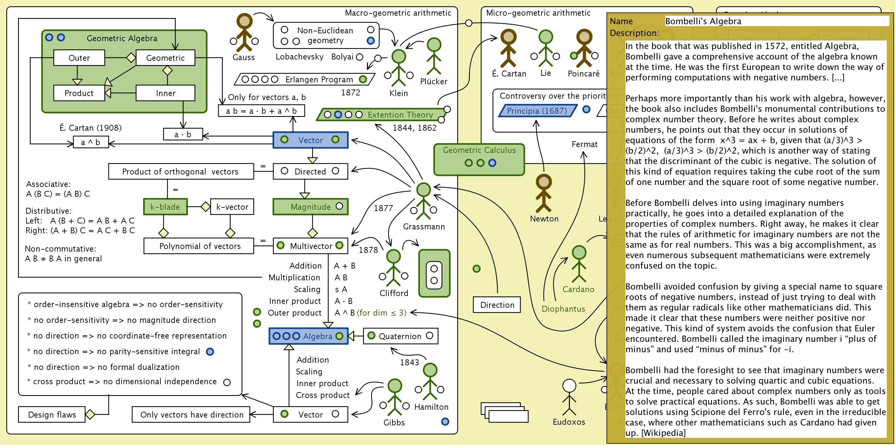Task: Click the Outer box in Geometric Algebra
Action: click(x=79, y=58)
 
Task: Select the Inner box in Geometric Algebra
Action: click(x=165, y=93)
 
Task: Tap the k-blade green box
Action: click(x=165, y=207)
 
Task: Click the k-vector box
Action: click(x=232, y=207)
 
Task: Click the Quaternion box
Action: click(x=400, y=336)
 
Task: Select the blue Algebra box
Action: click(x=308, y=336)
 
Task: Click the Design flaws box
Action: click(x=52, y=414)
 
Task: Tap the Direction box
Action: click(x=497, y=305)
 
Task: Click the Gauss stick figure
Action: click(x=244, y=32)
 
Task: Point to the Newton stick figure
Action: click(x=544, y=193)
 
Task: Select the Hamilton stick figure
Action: click(x=430, y=382)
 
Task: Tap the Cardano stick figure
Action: click(x=579, y=264)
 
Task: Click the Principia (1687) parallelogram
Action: click(x=537, y=110)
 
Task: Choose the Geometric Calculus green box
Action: click(x=479, y=159)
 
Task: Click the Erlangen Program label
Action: click(x=319, y=80)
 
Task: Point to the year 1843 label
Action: click(x=409, y=362)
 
